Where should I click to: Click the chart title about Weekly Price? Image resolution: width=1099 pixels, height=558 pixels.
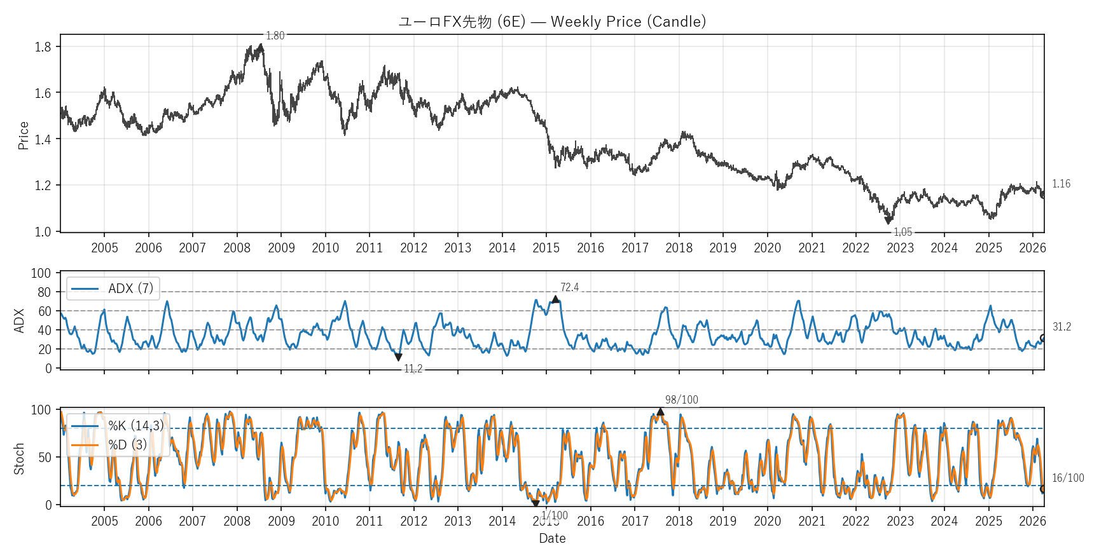click(x=552, y=22)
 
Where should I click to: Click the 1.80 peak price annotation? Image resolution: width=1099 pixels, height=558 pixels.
click(x=275, y=36)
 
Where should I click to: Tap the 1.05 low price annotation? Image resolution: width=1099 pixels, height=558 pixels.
click(x=902, y=232)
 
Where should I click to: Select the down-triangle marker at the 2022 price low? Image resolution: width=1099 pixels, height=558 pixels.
click(x=888, y=221)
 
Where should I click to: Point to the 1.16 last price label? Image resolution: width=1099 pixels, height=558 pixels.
click(x=1061, y=184)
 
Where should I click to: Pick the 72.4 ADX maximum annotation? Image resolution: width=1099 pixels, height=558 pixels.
click(x=569, y=287)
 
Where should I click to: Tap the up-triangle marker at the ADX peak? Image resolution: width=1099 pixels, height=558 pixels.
click(x=555, y=299)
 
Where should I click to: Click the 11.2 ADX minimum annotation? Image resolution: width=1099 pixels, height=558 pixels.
click(x=413, y=369)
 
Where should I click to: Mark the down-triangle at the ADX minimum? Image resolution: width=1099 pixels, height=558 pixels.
click(x=398, y=357)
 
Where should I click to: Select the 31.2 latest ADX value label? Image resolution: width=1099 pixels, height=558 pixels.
click(x=1061, y=327)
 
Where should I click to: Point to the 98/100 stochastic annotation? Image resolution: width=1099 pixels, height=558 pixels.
click(x=681, y=400)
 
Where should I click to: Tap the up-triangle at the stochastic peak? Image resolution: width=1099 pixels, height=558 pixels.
click(x=660, y=412)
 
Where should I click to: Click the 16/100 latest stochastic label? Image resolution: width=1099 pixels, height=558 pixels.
click(x=1068, y=478)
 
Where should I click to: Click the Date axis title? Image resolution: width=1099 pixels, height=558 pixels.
click(x=552, y=538)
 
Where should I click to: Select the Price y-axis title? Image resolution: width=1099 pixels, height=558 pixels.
click(x=24, y=135)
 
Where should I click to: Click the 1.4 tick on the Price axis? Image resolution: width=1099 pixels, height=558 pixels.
click(x=43, y=139)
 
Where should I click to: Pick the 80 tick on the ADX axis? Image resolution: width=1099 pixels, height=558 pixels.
click(x=44, y=292)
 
